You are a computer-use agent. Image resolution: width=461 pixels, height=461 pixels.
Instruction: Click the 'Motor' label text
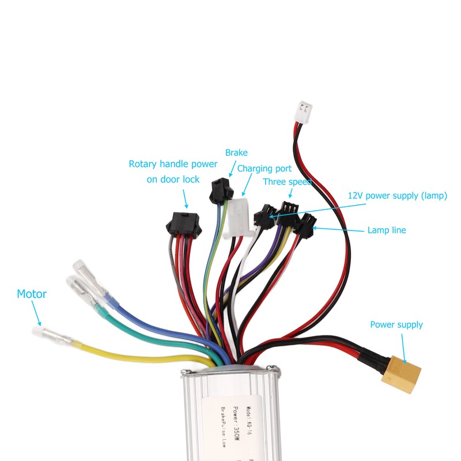pos(32,294)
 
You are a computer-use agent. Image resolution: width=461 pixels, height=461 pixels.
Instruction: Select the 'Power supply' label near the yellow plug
pos(396,324)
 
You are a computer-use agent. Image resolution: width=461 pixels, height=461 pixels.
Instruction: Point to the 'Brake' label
pos(236,153)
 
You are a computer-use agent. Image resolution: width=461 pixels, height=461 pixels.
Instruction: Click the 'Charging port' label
pos(264,169)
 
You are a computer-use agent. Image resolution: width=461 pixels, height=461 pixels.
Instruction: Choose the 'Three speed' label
pos(287,182)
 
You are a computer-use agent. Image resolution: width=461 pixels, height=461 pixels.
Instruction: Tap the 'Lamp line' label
pos(387,231)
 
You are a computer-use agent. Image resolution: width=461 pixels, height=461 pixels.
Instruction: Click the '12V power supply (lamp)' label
pos(398,195)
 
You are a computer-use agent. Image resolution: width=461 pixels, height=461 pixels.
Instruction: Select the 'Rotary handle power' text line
pos(173,164)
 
